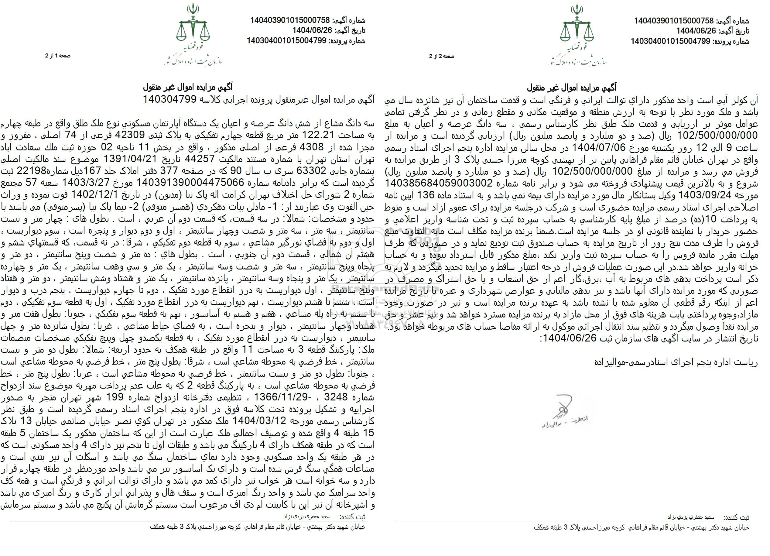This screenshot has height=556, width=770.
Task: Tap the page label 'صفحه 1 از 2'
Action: click(x=58, y=56)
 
